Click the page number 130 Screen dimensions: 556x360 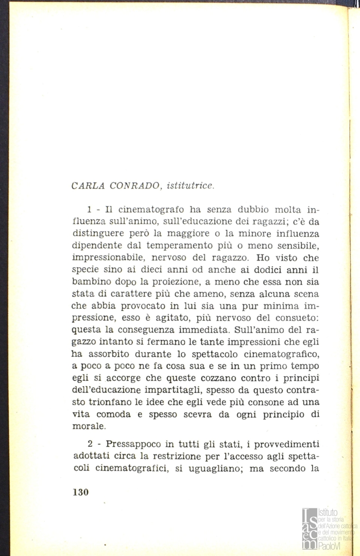(x=81, y=492)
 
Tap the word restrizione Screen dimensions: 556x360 (x=183, y=457)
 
